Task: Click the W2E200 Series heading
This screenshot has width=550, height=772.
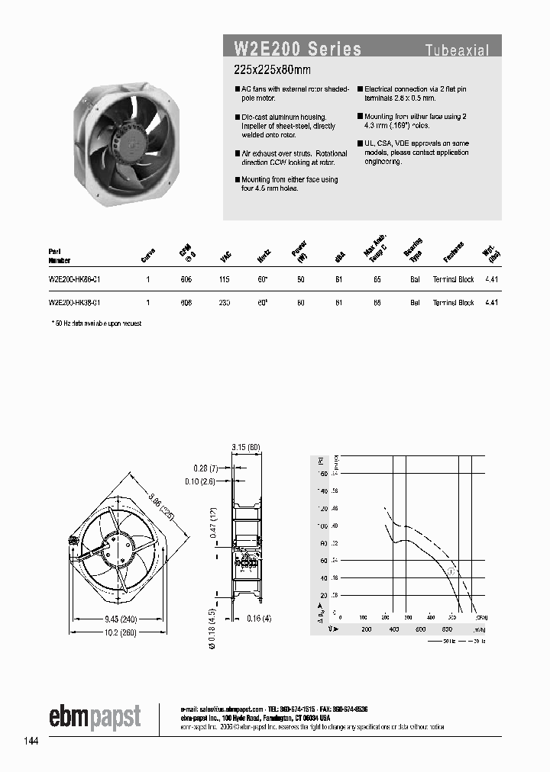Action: point(297,50)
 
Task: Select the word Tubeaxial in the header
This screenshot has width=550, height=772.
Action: point(457,51)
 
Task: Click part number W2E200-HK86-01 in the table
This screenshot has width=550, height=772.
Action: point(74,280)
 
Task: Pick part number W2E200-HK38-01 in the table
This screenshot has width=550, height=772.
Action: point(74,303)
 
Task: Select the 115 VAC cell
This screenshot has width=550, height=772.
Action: point(225,280)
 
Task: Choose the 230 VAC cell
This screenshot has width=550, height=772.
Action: point(225,303)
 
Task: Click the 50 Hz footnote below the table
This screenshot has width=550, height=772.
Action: point(96,323)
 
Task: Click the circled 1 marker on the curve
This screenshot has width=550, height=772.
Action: point(451,571)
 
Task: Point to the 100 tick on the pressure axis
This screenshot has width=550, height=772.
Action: point(322,526)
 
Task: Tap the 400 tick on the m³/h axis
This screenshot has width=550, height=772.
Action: point(393,629)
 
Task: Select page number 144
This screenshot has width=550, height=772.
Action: point(31,741)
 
